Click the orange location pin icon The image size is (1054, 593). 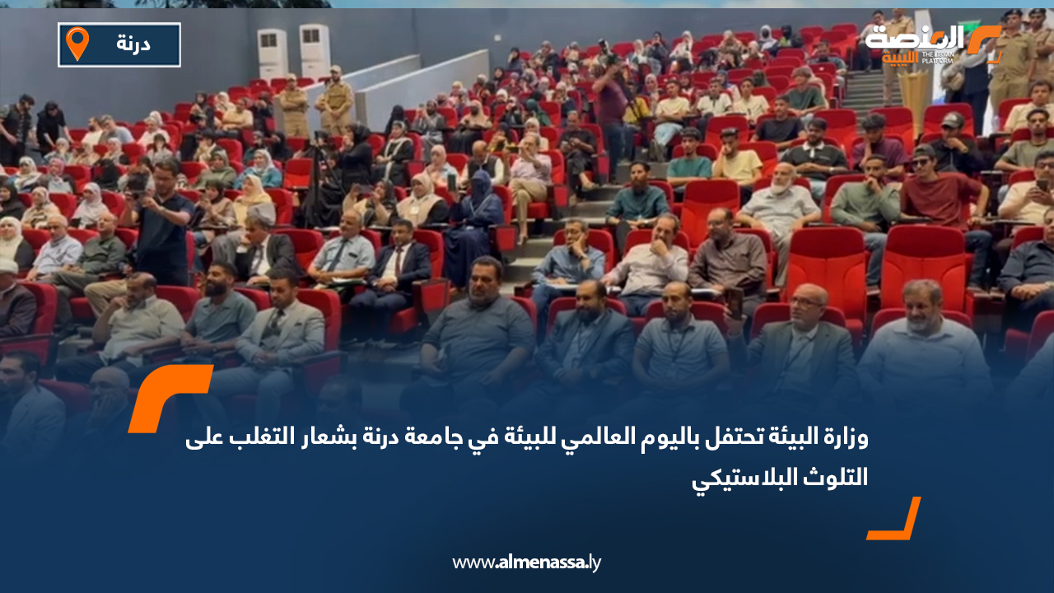tap(77, 44)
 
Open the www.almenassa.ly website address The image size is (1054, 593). tap(527, 563)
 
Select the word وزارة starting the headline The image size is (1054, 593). tap(845, 438)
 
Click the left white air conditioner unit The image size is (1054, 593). tap(273, 54)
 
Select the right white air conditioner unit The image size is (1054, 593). tap(314, 50)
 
